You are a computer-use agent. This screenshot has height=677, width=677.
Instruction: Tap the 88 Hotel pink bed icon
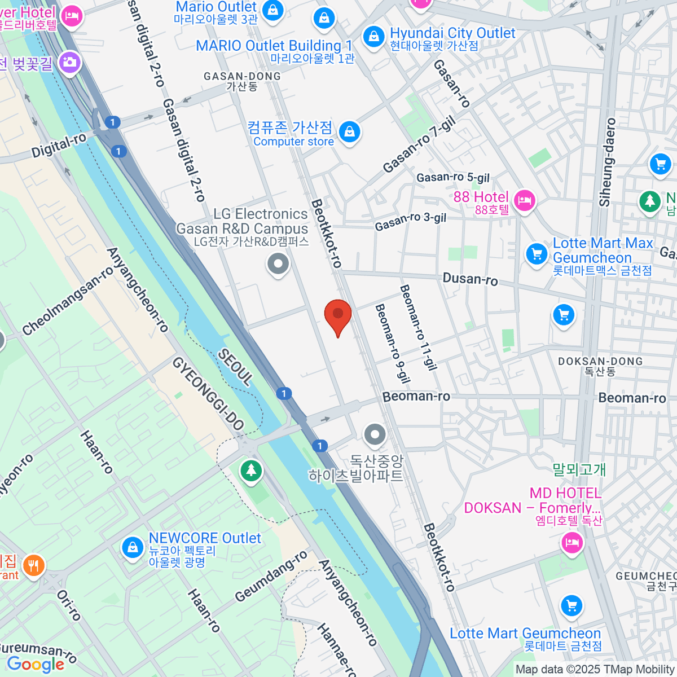(525, 200)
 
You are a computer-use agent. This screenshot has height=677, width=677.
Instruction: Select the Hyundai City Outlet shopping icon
(373, 37)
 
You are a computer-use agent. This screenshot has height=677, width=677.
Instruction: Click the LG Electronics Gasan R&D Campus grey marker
(278, 263)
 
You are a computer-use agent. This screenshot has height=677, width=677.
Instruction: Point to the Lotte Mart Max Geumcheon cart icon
(537, 253)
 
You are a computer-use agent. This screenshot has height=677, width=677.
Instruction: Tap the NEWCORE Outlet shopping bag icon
(133, 547)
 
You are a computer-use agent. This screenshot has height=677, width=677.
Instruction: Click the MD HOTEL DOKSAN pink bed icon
(572, 543)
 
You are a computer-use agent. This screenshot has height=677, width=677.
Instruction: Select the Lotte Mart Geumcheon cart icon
(572, 606)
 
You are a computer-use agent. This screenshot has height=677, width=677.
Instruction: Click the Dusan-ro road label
(470, 279)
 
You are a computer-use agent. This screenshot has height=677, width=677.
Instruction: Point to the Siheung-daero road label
(607, 162)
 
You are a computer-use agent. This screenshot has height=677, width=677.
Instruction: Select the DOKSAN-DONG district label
(600, 366)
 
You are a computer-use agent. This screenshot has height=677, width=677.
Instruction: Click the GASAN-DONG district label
(242, 81)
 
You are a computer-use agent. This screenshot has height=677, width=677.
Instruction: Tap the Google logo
(36, 664)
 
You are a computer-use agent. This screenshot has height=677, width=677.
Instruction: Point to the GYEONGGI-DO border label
(208, 394)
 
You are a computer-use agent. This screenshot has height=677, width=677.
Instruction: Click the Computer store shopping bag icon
(349, 132)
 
